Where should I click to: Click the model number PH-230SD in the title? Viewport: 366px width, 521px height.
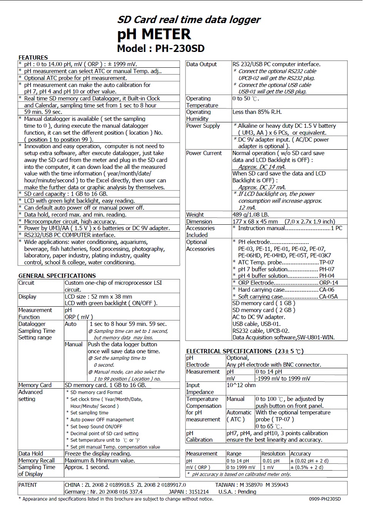point(180,49)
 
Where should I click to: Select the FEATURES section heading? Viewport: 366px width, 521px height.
point(33,57)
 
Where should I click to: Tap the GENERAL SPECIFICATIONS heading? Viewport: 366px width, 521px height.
point(57,276)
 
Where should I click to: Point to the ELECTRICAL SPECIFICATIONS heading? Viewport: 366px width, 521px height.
point(229,351)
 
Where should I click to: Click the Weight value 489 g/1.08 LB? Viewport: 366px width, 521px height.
point(251,215)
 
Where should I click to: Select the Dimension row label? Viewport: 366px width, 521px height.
point(199,222)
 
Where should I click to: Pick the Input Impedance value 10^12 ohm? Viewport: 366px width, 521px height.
point(241,385)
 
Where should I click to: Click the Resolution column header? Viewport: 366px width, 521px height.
point(273,454)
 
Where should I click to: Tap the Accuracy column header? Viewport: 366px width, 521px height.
point(301,454)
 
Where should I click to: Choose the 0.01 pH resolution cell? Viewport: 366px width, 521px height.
point(271,461)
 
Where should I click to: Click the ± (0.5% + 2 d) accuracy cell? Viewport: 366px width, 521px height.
point(307,468)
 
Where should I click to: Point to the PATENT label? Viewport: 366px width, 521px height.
point(28,485)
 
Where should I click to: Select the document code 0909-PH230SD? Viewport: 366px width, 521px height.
point(325,499)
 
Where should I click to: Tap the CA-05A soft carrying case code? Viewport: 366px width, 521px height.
point(328,297)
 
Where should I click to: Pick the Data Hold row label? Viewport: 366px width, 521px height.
point(31,454)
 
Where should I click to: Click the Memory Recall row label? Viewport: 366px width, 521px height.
point(37,461)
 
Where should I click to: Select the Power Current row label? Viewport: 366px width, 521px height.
point(204,153)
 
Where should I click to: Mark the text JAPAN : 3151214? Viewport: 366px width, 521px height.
point(189,492)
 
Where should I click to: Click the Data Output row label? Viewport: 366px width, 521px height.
point(201,64)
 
